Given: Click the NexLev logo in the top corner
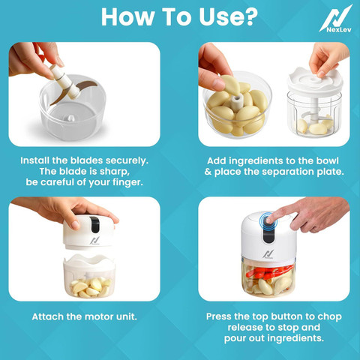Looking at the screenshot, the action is [x=335, y=19].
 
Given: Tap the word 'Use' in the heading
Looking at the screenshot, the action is [x=218, y=16].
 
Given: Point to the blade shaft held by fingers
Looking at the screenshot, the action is [x=65, y=82].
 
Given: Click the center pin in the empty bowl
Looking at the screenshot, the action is [x=71, y=118].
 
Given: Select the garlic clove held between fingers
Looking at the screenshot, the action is [x=230, y=85].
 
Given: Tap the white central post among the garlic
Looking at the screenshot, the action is [x=236, y=103].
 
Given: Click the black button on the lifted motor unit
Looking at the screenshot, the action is [x=94, y=223].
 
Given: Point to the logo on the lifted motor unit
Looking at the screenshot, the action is [x=94, y=241].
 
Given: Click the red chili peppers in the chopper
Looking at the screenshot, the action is [x=270, y=273].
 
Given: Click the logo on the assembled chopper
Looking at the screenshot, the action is [x=268, y=254].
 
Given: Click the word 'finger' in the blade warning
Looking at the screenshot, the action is [x=127, y=182].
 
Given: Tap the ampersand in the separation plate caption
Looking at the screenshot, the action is [x=208, y=172].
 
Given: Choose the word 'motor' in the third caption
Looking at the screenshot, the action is [x=97, y=316].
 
